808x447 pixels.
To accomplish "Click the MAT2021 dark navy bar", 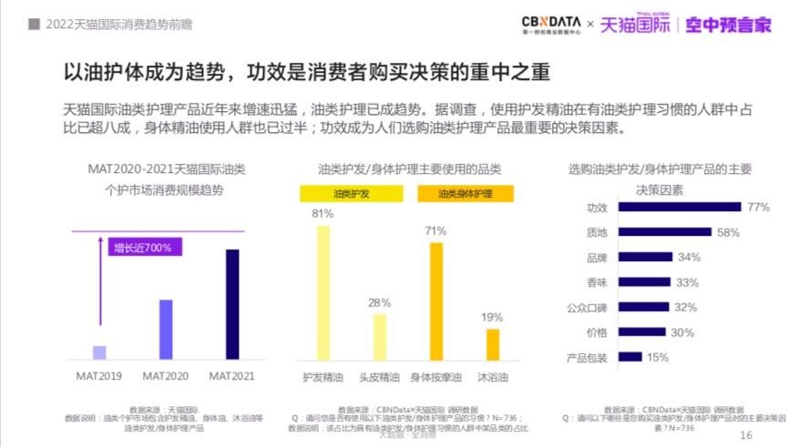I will click(232, 305).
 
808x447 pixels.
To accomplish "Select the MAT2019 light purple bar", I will click(100, 353).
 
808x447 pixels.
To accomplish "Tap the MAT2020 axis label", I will click(166, 375).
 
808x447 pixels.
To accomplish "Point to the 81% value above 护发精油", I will click(322, 214).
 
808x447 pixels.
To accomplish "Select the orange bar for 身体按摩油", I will click(435, 301).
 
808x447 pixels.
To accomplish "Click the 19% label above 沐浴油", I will click(492, 317).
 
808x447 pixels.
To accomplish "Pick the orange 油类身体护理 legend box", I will click(465, 194).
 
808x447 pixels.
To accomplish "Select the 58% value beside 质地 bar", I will click(728, 232).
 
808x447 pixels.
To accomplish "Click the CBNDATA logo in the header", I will click(549, 24).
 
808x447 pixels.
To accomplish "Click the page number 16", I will click(746, 436).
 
